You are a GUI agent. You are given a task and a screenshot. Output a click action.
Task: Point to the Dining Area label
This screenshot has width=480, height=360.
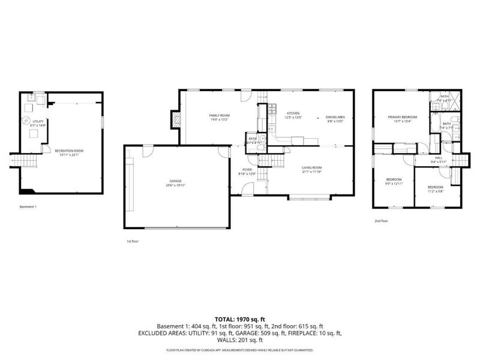pyautogui.click(x=335, y=118)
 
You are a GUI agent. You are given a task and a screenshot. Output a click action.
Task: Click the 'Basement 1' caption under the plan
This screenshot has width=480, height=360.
pyautogui.click(x=28, y=207)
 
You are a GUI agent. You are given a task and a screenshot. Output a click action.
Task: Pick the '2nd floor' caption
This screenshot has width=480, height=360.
pyautogui.click(x=382, y=221)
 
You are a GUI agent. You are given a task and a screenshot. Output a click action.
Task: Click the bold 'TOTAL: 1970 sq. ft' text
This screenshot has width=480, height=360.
pyautogui.click(x=240, y=320)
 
